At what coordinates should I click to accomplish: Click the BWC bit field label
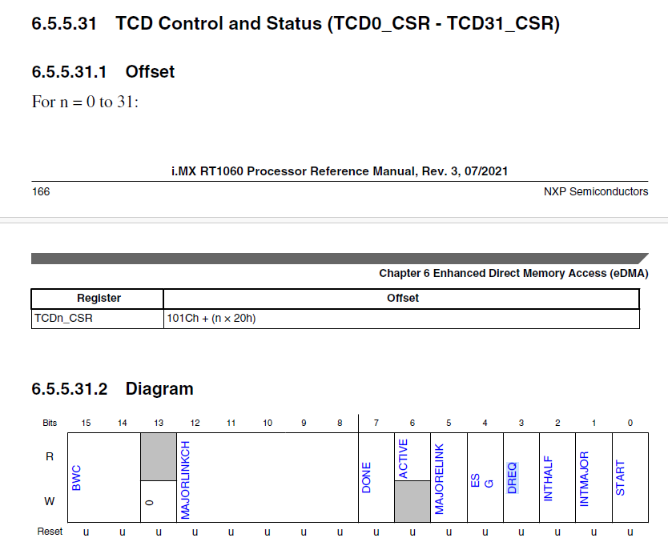[77, 478]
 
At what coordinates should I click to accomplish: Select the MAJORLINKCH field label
[186, 479]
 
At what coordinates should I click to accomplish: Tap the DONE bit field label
[367, 478]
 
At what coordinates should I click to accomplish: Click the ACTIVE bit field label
[403, 459]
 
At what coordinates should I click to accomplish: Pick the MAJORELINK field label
[439, 479]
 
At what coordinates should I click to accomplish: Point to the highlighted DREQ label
[512, 477]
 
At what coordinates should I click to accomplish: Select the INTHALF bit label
[548, 479]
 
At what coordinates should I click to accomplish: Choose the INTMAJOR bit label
[584, 479]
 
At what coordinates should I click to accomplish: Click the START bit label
[621, 478]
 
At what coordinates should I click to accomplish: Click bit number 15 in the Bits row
[86, 422]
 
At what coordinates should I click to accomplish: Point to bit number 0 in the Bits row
[630, 422]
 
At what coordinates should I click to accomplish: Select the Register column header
[99, 298]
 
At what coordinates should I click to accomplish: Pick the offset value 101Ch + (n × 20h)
[211, 318]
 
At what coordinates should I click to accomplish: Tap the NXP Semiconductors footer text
[595, 191]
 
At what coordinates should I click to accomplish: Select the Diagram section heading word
[159, 389]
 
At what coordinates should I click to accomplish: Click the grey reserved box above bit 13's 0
[159, 456]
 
